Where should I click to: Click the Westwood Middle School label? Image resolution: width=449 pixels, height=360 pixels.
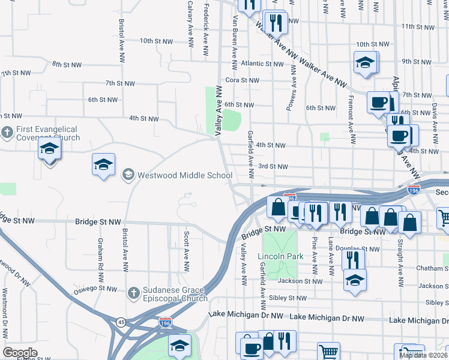[x=185, y=176]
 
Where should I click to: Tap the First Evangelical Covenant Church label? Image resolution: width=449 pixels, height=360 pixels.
[x=47, y=133]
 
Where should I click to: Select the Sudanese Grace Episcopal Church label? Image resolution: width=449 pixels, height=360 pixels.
[x=175, y=293]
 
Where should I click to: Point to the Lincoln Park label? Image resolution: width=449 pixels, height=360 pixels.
[x=277, y=257]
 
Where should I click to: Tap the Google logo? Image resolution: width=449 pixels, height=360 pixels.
[x=20, y=352]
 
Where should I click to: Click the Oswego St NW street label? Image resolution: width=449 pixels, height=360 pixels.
[x=99, y=289]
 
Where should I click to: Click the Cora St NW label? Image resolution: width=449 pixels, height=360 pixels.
[x=242, y=80]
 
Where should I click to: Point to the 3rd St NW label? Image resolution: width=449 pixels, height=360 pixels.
[x=273, y=166]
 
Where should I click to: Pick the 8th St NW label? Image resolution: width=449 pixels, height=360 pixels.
[x=67, y=64]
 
